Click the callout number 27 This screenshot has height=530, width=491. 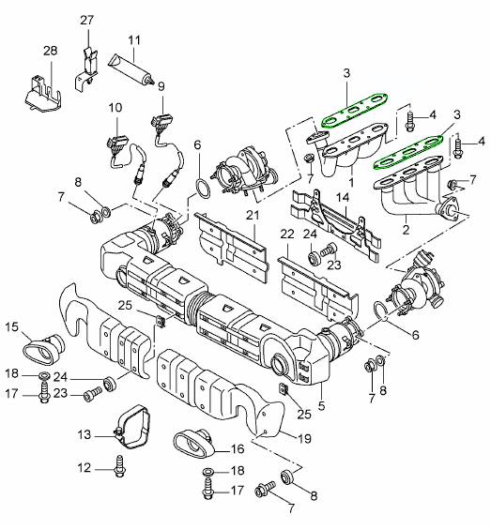[x=86, y=21]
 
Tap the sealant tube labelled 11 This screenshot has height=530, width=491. [x=131, y=70]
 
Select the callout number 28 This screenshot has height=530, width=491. [x=51, y=51]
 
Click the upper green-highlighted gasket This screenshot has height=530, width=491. [x=355, y=110]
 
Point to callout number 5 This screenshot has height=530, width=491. [x=321, y=405]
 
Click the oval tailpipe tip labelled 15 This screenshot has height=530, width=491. [x=43, y=350]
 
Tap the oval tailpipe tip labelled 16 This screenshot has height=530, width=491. [x=194, y=443]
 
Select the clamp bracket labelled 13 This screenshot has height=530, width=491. [x=133, y=427]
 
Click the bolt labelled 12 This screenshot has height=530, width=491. [x=119, y=466]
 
